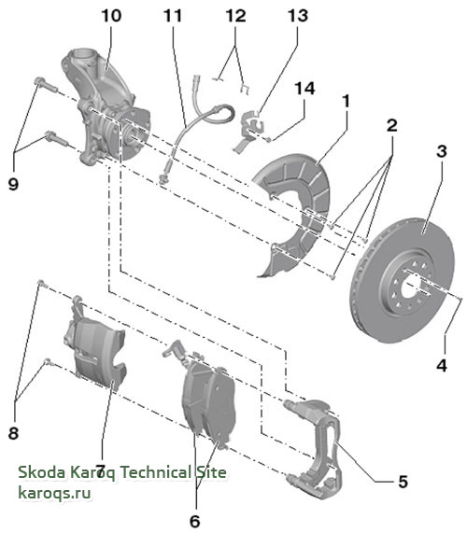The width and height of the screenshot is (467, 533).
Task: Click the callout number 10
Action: [x=111, y=16]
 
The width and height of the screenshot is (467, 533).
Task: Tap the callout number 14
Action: [x=304, y=89]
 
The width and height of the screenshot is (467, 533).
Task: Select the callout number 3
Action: [x=441, y=151]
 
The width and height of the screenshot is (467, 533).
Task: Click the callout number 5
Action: [x=403, y=482]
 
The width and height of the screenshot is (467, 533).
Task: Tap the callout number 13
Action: [x=298, y=16]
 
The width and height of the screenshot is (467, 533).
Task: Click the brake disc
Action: [x=402, y=280]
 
